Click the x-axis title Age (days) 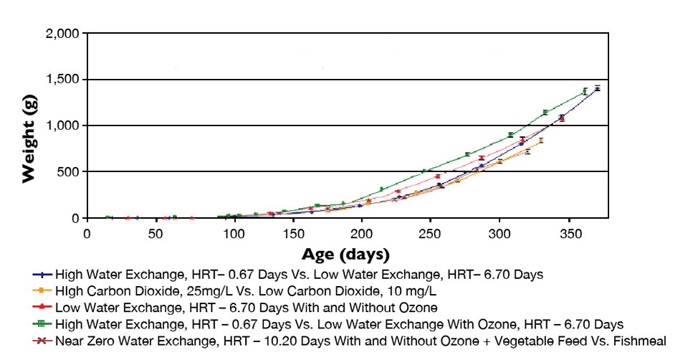click(x=345, y=254)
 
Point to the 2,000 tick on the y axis click(x=62, y=34)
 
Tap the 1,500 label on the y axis click(x=62, y=80)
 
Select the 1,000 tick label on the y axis click(x=62, y=125)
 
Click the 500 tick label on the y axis click(x=68, y=171)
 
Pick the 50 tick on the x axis click(x=155, y=235)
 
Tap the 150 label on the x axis click(x=293, y=235)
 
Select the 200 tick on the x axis click(x=362, y=235)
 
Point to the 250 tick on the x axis click(x=431, y=235)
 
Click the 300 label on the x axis click(x=500, y=235)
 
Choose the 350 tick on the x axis click(x=569, y=235)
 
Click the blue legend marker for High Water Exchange click(x=43, y=274)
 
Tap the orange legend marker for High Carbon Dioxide click(x=43, y=290)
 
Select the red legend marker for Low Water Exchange click(x=43, y=307)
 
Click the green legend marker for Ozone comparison click(x=43, y=323)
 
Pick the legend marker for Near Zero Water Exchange click(x=43, y=340)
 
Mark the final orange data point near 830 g click(x=541, y=141)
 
